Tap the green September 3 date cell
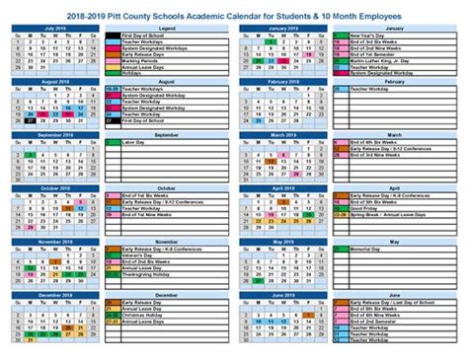[x=29, y=155]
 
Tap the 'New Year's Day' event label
[x=367, y=36]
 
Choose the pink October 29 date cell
[x=29, y=226]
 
